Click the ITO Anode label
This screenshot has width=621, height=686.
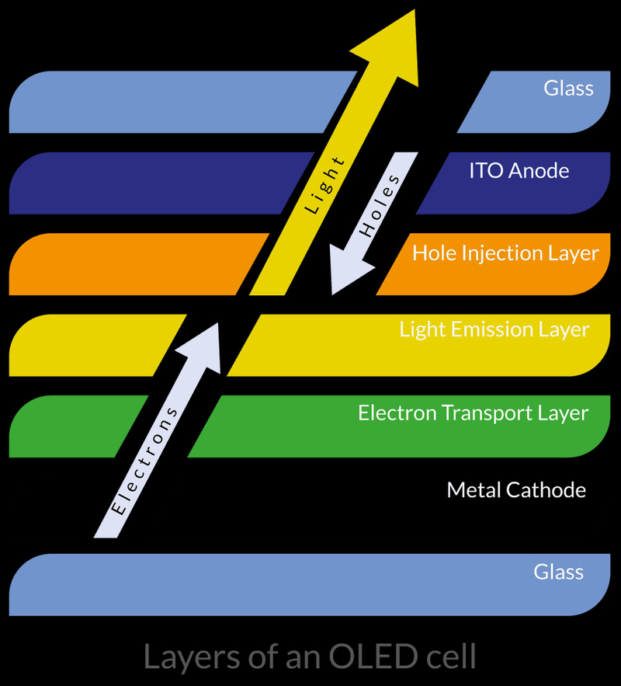[519, 171]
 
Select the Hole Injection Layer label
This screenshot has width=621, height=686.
[505, 253]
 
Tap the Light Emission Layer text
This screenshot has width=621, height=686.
[494, 329]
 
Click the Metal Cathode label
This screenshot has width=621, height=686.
[516, 490]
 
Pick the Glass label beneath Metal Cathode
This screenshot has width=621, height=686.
[558, 573]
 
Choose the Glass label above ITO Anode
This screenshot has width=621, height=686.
[568, 88]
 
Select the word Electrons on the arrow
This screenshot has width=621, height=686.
[147, 461]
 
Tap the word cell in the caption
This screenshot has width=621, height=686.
[449, 657]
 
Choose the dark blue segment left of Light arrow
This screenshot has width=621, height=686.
[155, 183]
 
